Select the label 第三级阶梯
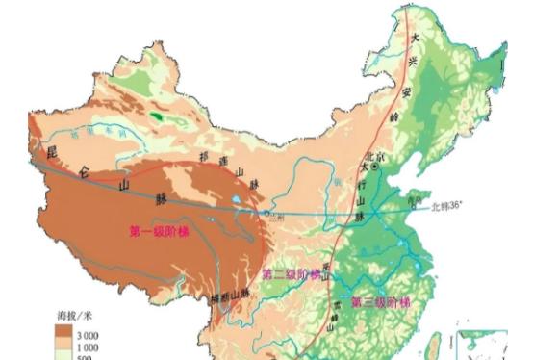point(380,302)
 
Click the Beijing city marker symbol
point(377,167)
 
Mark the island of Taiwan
point(442,339)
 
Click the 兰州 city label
point(279,218)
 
